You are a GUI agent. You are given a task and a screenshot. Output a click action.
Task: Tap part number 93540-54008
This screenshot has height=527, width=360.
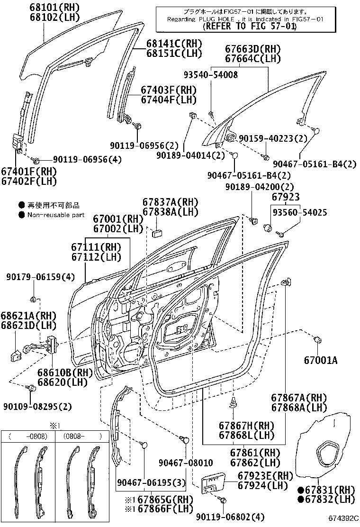[211, 75]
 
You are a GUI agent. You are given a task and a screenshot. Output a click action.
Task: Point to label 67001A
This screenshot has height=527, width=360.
[321, 361]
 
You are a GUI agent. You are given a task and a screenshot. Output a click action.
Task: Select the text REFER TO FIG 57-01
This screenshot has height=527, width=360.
[250, 27]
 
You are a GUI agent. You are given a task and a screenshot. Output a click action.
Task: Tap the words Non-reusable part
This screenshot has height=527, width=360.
[55, 215]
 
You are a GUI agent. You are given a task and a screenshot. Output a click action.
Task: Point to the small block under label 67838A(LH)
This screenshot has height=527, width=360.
[157, 232]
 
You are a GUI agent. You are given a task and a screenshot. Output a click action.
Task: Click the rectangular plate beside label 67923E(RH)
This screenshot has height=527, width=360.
[212, 484]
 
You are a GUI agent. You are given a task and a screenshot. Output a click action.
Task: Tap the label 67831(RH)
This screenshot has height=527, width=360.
[325, 490]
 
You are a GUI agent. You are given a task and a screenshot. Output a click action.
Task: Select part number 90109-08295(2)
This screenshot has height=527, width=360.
[37, 406]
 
